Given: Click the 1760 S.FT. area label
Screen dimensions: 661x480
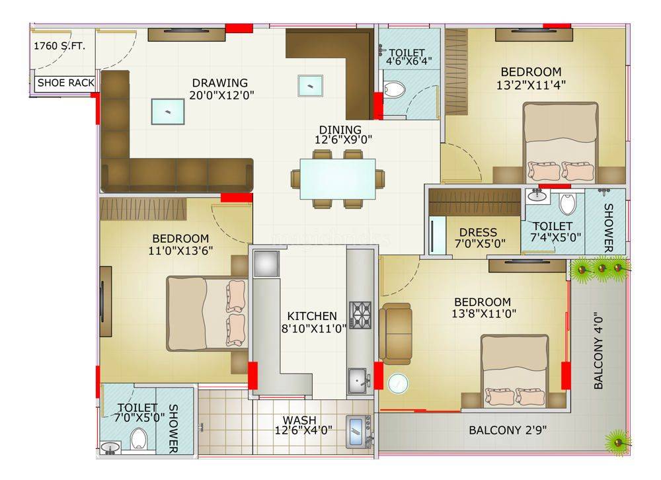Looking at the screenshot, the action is point(59,46).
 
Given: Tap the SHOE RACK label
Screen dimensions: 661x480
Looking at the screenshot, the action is point(65,83).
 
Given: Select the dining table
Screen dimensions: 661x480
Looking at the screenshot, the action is point(338,179).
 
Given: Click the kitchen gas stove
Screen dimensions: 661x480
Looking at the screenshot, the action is point(360,315).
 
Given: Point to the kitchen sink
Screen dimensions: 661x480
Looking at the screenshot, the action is point(358,381).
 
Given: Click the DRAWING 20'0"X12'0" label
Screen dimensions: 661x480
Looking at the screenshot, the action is point(221,89).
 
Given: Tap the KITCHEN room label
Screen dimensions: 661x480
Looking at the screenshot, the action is point(312,316).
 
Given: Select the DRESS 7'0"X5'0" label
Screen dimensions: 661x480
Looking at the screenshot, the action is point(480,238).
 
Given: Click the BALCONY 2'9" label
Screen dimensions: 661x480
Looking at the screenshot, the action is point(508,430).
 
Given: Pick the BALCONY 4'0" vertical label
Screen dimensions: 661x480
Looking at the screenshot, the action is point(598,350).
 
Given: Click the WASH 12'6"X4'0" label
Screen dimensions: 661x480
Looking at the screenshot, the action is point(303,425).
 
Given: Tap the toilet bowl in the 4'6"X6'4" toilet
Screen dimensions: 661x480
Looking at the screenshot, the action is point(395,89).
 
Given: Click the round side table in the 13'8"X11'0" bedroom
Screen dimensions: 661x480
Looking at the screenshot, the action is point(398,384).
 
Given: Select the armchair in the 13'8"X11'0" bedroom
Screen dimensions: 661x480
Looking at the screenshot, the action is point(395,334).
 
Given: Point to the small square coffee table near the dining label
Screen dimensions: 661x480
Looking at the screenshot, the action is point(310,86).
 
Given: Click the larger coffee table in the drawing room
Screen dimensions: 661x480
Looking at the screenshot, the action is point(168,112).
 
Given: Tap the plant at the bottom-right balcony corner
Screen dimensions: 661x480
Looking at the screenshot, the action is point(618,442).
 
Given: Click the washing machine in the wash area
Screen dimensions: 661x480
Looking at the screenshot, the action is point(358,432).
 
